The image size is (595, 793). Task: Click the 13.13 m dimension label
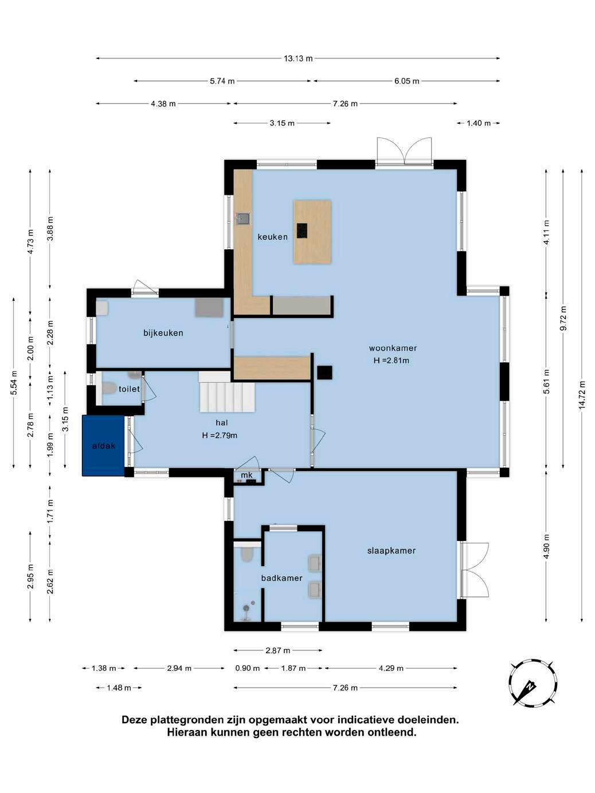click(x=298, y=58)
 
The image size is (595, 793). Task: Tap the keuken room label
click(x=273, y=237)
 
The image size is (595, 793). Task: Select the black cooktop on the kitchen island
click(x=302, y=230)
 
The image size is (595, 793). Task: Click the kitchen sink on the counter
click(x=243, y=218)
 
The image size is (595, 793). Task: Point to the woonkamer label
click(x=393, y=348)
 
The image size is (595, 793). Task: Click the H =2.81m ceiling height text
click(x=392, y=360)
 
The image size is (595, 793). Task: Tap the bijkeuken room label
click(x=163, y=333)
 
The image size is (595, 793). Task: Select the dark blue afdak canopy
click(x=103, y=445)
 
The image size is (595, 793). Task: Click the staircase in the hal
click(x=227, y=392)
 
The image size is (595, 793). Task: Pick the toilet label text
click(x=129, y=389)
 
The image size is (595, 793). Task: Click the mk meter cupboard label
click(x=246, y=475)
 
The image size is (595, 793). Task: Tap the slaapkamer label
click(x=392, y=551)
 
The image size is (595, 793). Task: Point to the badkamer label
click(x=282, y=578)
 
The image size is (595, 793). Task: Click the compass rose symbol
click(x=533, y=682)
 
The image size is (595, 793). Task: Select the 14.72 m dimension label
click(x=582, y=395)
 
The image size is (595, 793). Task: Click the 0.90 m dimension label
click(x=248, y=668)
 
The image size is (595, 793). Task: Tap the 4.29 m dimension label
click(x=391, y=668)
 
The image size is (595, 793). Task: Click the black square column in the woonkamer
click(x=324, y=373)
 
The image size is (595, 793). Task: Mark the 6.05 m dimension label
click(x=407, y=81)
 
